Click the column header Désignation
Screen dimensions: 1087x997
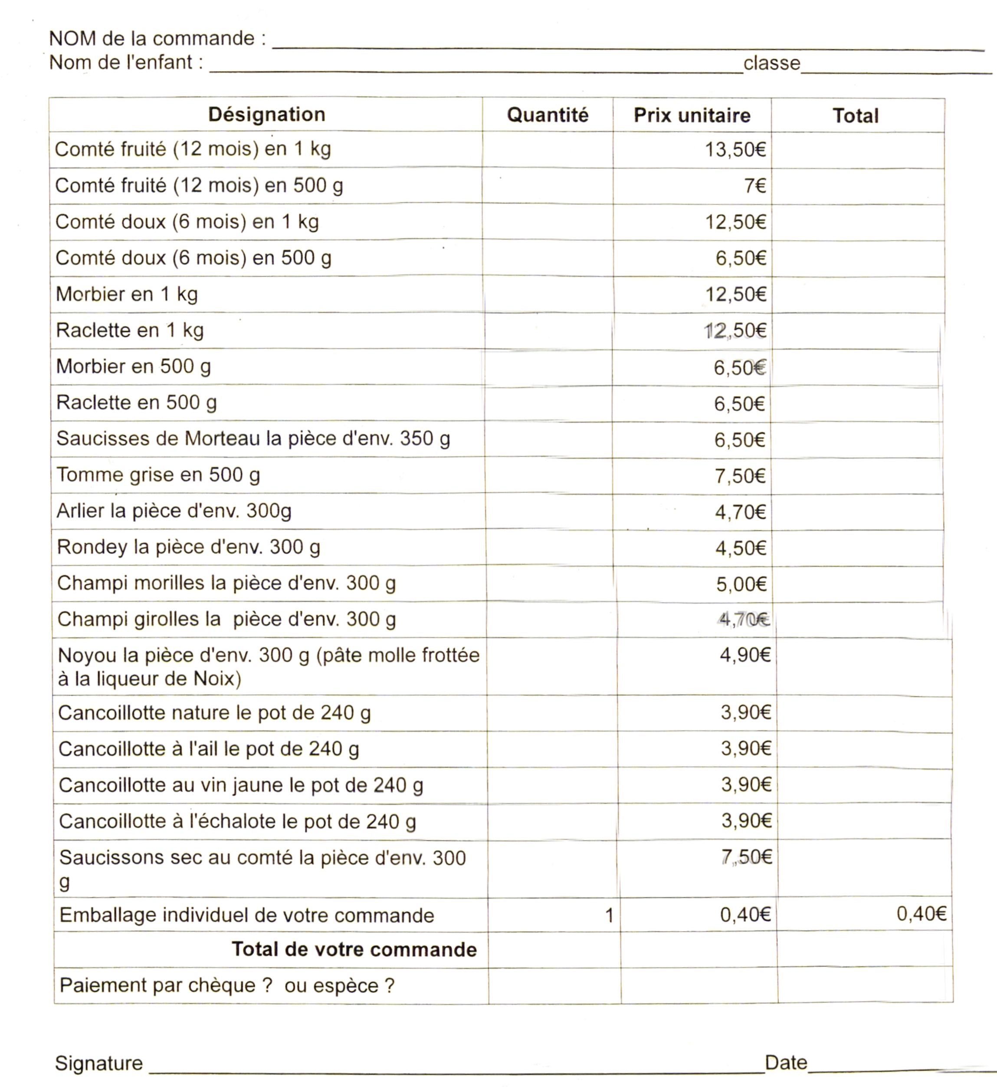point(266,115)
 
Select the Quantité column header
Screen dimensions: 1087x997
point(547,115)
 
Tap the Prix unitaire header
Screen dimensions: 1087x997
point(692,115)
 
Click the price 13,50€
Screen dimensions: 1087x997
point(735,149)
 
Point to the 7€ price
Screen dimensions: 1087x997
point(755,186)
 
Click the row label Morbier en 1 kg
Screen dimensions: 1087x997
point(127,294)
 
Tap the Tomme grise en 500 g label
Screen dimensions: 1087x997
point(158,474)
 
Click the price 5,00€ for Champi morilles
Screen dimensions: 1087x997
point(741,584)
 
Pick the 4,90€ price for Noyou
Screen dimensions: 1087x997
point(744,655)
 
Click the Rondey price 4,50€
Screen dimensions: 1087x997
point(740,548)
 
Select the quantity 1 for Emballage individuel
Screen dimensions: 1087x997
point(609,915)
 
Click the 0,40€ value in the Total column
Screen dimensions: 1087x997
point(921,913)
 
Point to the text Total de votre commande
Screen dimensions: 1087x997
point(354,949)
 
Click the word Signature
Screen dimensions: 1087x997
point(99,1063)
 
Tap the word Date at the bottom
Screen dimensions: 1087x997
point(786,1062)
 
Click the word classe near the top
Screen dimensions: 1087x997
point(771,63)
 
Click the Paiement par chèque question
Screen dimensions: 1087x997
point(226,985)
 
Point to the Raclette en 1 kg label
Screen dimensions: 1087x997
point(129,330)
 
